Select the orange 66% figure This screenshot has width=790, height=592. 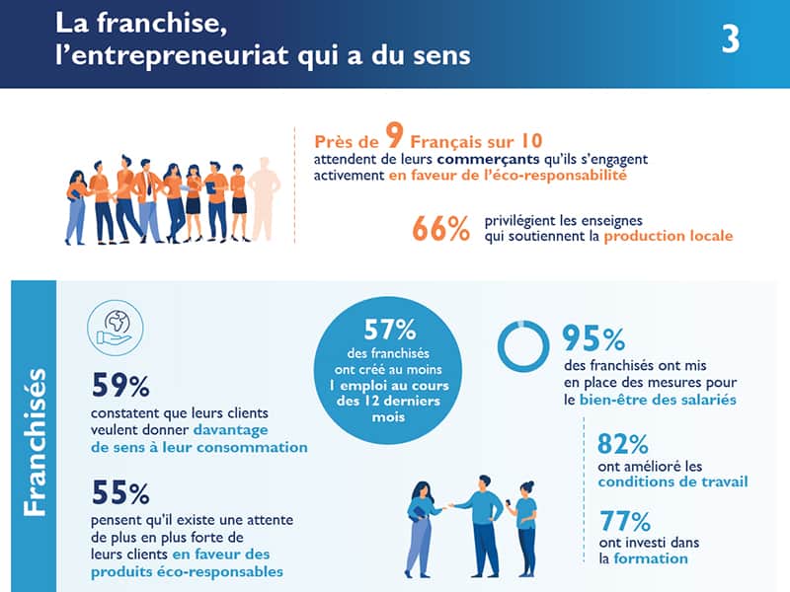[441, 228]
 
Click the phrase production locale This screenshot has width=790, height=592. [669, 238]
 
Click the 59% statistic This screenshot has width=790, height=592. [119, 383]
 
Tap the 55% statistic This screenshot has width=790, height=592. [119, 492]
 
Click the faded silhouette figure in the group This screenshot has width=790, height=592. [263, 198]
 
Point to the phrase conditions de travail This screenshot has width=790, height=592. [672, 481]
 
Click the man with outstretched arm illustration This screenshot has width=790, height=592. [481, 523]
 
